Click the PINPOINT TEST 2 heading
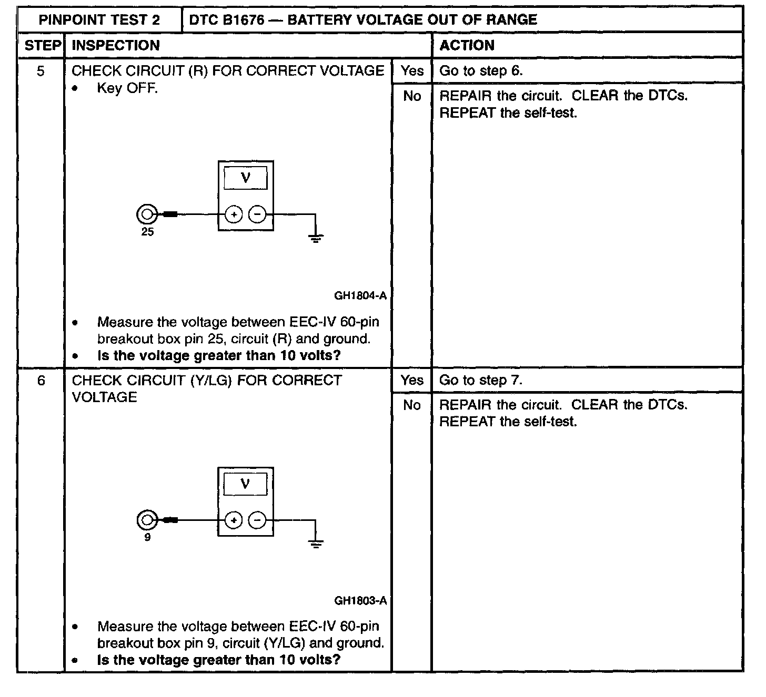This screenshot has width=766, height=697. [x=99, y=20]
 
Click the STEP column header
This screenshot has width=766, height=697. [x=43, y=45]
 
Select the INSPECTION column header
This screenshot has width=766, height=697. [x=116, y=45]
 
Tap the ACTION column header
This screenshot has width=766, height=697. [x=467, y=45]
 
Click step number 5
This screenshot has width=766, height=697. [x=41, y=71]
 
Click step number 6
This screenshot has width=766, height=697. [x=41, y=380]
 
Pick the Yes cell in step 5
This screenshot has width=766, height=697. [x=411, y=71]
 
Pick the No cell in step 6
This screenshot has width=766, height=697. [x=411, y=405]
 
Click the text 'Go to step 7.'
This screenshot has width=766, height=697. [x=481, y=380]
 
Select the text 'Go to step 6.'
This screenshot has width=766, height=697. [x=481, y=71]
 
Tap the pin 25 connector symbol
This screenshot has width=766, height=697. [x=146, y=214]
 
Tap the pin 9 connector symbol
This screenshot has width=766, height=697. [x=146, y=520]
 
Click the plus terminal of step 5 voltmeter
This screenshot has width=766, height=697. [x=234, y=214]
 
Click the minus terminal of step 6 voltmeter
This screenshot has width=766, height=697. [x=257, y=520]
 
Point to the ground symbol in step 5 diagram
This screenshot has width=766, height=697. [x=316, y=238]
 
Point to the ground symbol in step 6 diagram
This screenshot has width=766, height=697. [x=316, y=544]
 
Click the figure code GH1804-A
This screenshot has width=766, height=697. [x=360, y=295]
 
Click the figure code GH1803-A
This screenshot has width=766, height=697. [x=360, y=600]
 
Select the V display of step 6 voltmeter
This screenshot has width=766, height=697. [x=245, y=484]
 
